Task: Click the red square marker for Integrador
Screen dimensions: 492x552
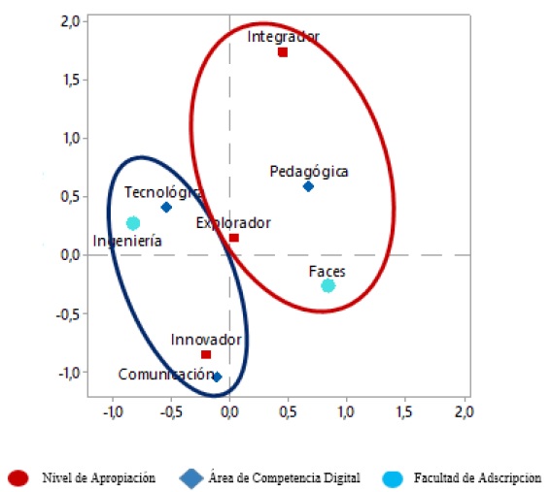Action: pyautogui.click(x=283, y=52)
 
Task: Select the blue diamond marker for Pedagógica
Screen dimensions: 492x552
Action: pyautogui.click(x=308, y=186)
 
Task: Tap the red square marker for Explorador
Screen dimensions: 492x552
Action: pyautogui.click(x=233, y=238)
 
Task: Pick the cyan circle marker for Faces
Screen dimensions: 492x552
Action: pyautogui.click(x=328, y=285)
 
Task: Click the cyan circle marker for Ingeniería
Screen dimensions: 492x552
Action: pyautogui.click(x=133, y=223)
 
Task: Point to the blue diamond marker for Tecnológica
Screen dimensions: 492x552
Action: pyautogui.click(x=166, y=207)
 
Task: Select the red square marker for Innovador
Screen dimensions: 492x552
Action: pyautogui.click(x=206, y=354)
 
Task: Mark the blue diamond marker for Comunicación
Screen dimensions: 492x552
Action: pyautogui.click(x=217, y=377)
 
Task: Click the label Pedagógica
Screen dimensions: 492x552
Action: pyautogui.click(x=309, y=172)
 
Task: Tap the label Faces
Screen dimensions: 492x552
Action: pyautogui.click(x=328, y=272)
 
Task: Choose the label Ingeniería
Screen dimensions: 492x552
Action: pyautogui.click(x=127, y=241)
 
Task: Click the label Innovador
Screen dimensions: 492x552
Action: pyautogui.click(x=206, y=340)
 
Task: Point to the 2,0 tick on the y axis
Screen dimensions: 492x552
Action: pyautogui.click(x=68, y=20)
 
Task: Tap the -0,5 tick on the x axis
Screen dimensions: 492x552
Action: pyautogui.click(x=169, y=411)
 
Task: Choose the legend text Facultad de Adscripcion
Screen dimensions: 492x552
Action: pyautogui.click(x=476, y=477)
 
